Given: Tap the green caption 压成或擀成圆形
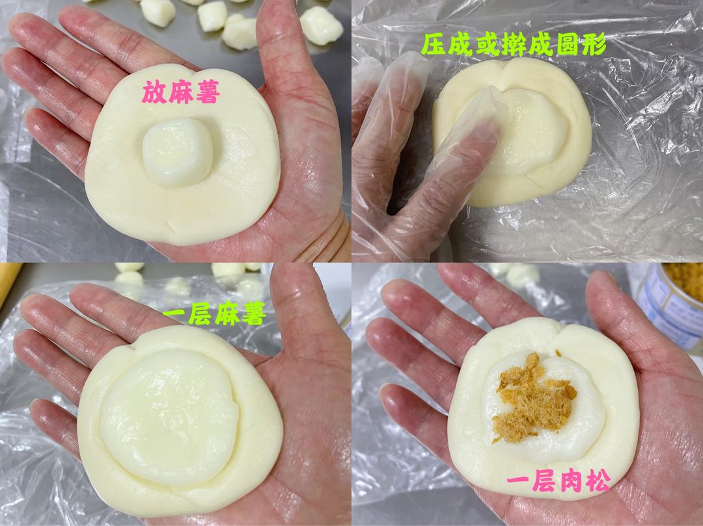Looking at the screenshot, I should (x=514, y=44).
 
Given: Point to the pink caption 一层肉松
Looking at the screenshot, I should (x=558, y=481).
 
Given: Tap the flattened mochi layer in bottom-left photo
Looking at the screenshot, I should (x=169, y=416).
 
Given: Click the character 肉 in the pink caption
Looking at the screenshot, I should (x=558, y=481).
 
